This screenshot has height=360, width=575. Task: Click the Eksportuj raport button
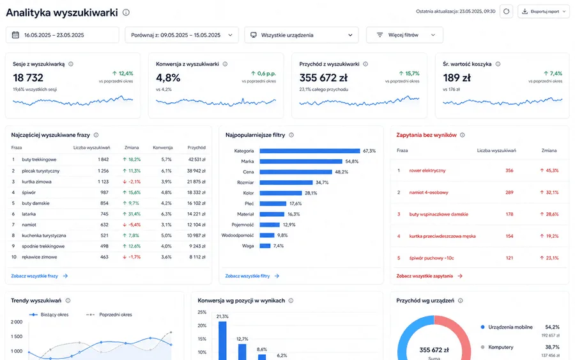(544, 12)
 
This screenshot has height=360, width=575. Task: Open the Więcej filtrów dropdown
(404, 35)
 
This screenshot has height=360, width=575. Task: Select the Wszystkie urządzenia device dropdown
(302, 35)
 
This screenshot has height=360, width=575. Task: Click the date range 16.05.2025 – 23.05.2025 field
(63, 35)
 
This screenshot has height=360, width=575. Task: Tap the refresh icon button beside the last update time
(507, 12)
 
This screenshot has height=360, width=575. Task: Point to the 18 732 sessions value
(28, 78)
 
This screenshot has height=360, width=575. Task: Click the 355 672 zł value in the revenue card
(323, 78)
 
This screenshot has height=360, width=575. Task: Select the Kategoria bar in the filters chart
(310, 151)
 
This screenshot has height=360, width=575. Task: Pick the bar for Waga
(265, 246)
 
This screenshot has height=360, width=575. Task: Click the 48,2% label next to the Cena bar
(341, 172)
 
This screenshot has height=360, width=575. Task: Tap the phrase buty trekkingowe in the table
(39, 160)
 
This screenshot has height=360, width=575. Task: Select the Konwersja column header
(163, 148)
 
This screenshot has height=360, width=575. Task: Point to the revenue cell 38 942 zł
(196, 171)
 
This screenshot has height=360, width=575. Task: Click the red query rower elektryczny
(427, 170)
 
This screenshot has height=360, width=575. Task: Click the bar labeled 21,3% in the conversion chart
(222, 341)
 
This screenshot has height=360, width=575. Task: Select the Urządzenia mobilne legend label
(510, 327)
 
